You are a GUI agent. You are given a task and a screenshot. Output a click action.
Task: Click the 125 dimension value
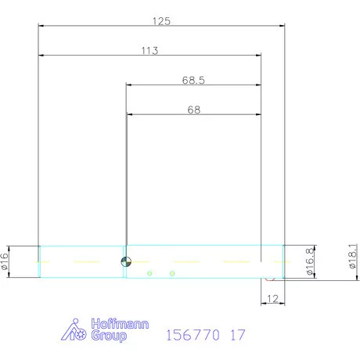pos(162,21)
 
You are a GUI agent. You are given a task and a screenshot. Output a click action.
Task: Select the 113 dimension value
pos(150,51)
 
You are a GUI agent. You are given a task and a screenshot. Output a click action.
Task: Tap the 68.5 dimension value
pos(193,81)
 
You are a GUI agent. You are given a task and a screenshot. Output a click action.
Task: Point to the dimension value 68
pos(193,110)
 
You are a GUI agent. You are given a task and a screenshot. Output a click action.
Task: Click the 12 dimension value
pos(273,299)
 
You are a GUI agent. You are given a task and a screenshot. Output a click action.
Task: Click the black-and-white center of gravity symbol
pos(124,261)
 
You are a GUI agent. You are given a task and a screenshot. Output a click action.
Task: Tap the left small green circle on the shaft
pos(149,273)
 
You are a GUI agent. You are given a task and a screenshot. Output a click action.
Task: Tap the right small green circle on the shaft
pos(172,273)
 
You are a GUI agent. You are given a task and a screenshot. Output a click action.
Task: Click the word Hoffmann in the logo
pos(114,324)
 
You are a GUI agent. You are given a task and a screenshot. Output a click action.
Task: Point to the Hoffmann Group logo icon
pos(74,330)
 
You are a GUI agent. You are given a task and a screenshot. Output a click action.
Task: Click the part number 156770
pos(193,335)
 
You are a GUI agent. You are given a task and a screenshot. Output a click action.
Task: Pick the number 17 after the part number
pos(238,335)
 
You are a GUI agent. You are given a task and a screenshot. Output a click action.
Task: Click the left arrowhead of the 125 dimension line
pos(42,26)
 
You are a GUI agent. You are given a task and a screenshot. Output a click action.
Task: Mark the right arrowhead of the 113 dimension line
pos(257,56)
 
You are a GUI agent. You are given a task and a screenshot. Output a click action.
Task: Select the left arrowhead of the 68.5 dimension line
pos(129,85)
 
